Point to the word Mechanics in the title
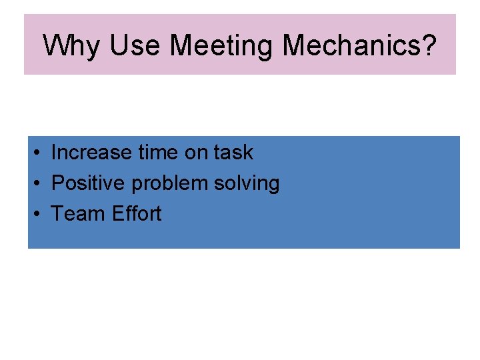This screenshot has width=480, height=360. click(352, 45)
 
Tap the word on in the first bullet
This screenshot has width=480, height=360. click(197, 152)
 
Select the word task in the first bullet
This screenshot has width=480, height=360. click(233, 152)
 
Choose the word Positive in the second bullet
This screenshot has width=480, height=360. click(87, 183)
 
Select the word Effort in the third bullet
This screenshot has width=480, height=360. click(137, 213)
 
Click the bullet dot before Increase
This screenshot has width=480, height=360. click(37, 153)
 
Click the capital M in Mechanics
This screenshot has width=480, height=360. click(295, 45)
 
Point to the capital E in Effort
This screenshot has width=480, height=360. click(117, 213)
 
